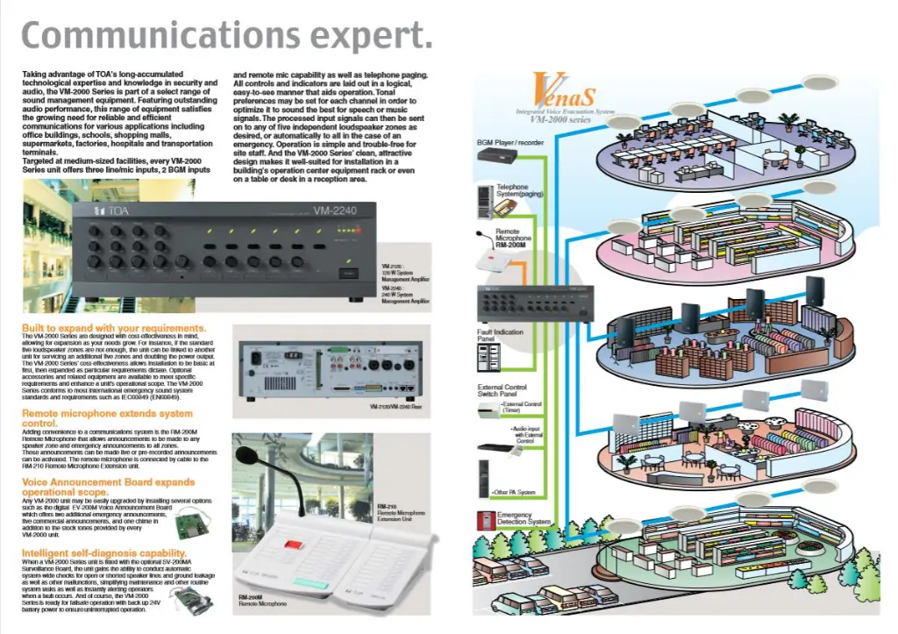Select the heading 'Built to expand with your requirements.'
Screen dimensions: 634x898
point(114,329)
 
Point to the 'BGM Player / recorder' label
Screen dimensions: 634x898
point(510,142)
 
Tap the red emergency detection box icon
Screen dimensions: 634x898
point(483,520)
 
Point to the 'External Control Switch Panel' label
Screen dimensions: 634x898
point(502,391)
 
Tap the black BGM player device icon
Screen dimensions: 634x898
point(499,156)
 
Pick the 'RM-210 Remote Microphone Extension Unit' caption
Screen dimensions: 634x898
point(400,514)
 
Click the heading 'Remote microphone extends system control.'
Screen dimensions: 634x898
point(106,417)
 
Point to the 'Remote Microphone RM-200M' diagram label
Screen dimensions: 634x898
point(513,239)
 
